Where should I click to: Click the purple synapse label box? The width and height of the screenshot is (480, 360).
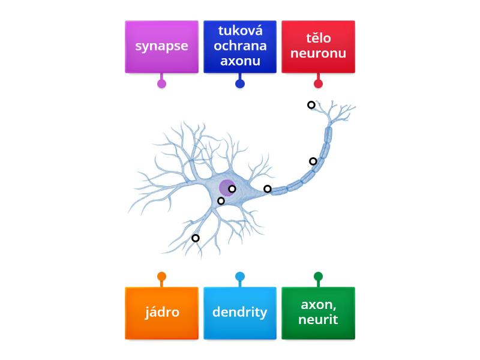click(161, 47)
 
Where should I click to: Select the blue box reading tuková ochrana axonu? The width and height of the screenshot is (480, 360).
click(240, 47)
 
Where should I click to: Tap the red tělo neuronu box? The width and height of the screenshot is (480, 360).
click(318, 47)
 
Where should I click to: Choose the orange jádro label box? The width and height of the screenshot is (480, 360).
click(161, 313)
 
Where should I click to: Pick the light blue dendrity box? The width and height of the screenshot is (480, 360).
click(240, 313)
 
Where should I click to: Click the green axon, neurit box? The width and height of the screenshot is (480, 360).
click(318, 313)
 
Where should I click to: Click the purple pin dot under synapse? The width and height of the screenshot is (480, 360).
click(161, 83)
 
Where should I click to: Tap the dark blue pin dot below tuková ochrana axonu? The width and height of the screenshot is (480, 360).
click(240, 83)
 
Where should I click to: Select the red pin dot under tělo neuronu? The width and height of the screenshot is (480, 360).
click(318, 83)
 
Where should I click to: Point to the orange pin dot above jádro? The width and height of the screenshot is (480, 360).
click(161, 277)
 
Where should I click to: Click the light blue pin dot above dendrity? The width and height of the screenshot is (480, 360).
click(240, 277)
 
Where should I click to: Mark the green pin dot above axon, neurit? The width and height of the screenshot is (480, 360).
click(318, 277)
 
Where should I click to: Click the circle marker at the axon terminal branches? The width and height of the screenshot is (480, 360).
click(311, 105)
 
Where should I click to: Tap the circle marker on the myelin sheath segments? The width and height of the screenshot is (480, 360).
click(313, 161)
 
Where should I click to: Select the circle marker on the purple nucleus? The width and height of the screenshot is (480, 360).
click(232, 188)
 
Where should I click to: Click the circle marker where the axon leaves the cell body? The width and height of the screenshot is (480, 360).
click(268, 189)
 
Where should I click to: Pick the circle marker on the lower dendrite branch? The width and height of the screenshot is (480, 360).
click(196, 238)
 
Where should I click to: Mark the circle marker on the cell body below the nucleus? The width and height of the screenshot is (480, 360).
click(221, 201)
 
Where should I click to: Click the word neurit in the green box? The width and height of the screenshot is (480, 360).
click(318, 320)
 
